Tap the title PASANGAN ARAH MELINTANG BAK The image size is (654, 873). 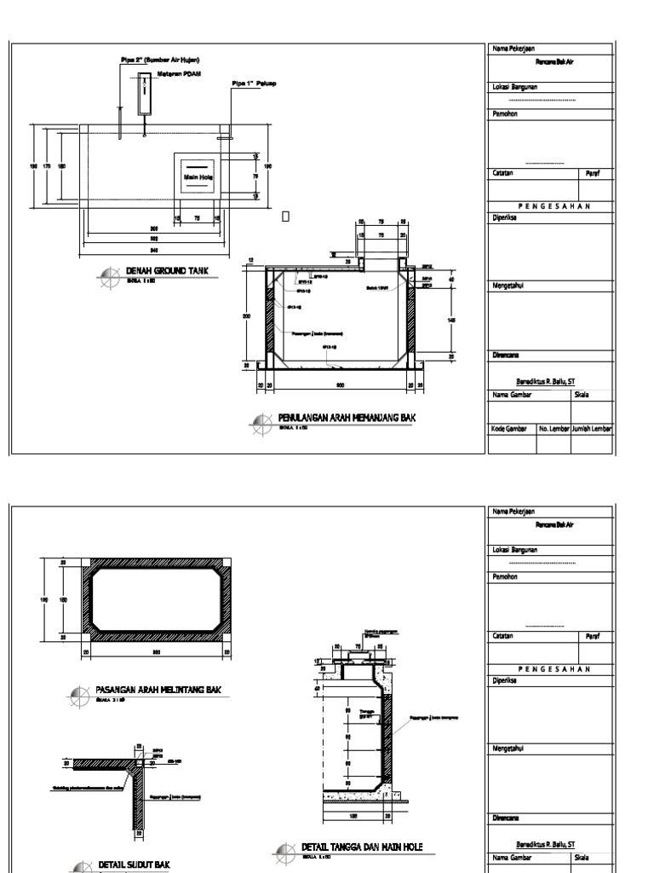[158, 690]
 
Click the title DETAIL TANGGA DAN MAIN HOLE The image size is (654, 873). [362, 847]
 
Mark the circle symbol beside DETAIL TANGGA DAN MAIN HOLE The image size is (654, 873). [285, 850]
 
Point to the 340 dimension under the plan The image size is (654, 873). [154, 251]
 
